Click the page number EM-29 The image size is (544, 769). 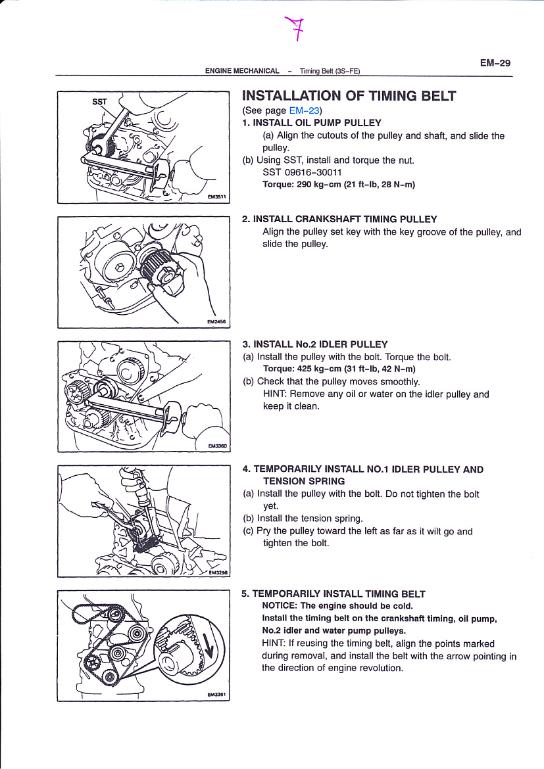(x=495, y=63)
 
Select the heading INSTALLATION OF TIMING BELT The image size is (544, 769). (x=349, y=96)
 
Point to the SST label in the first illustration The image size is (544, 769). (x=99, y=102)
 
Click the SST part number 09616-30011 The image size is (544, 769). (x=303, y=172)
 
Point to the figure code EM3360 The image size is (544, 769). (x=216, y=446)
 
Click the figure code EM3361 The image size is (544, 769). (x=216, y=695)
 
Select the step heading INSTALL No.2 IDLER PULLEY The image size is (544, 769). (x=320, y=344)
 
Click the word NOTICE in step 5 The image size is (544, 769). (x=279, y=606)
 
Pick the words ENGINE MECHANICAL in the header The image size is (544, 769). (x=242, y=71)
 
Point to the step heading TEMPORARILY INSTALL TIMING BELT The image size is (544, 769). (x=339, y=594)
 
